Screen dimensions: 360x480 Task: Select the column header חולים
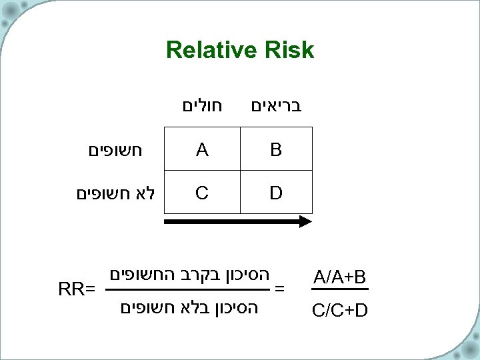point(202,105)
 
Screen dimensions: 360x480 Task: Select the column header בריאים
point(276,105)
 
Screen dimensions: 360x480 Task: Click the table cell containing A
point(202,151)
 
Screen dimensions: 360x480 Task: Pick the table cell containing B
point(276,151)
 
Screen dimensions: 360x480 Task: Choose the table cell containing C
point(202,193)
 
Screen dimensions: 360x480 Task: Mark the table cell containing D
point(276,193)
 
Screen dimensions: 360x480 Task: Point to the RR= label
point(77,289)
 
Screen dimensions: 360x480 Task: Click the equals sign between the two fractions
point(280,289)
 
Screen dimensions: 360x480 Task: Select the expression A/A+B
point(340,276)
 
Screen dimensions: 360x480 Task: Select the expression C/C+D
point(340,310)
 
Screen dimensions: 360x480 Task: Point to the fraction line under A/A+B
point(340,289)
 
